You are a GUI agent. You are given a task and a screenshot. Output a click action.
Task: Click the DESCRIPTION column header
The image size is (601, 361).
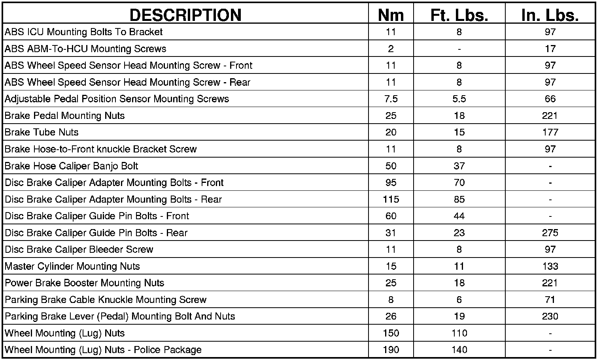tap(185, 15)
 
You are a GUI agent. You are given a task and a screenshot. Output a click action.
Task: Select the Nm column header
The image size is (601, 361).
tap(391, 15)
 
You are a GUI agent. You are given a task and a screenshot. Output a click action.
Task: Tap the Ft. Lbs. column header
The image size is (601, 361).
tap(459, 15)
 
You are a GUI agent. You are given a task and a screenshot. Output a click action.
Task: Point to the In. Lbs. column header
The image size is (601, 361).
tap(550, 15)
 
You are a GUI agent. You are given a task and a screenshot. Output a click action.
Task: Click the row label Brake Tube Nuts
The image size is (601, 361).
tap(42, 132)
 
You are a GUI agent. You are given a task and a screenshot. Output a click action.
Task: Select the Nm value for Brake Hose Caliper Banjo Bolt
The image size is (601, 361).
tap(391, 166)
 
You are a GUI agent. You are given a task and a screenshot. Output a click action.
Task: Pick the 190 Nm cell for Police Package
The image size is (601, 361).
tap(391, 350)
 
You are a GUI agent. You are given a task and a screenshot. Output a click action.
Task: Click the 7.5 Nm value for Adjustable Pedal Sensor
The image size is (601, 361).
tap(391, 99)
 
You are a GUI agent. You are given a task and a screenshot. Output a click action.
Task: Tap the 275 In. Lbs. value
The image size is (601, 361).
tap(550, 233)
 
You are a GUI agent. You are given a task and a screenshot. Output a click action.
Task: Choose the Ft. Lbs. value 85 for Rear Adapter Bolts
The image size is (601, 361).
tap(459, 199)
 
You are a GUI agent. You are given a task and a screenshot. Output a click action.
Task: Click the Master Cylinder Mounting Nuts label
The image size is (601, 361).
tap(72, 266)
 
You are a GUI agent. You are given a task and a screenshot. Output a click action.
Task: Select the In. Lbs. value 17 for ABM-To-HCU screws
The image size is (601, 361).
tap(550, 49)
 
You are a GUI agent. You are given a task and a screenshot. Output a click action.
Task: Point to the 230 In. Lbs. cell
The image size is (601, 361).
tap(550, 316)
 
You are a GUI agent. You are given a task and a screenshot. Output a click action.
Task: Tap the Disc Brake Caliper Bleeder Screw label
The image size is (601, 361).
tap(79, 250)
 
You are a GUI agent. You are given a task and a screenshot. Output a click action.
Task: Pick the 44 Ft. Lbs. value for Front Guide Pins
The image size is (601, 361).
tap(459, 216)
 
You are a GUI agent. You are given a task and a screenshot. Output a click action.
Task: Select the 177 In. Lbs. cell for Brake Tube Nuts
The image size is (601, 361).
tap(550, 132)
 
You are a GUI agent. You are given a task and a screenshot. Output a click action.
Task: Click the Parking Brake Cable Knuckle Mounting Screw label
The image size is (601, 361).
tap(106, 300)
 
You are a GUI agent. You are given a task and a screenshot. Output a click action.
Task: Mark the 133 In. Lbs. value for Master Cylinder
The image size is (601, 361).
tap(550, 266)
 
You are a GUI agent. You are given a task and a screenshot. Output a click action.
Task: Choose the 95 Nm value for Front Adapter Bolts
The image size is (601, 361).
tap(391, 182)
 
